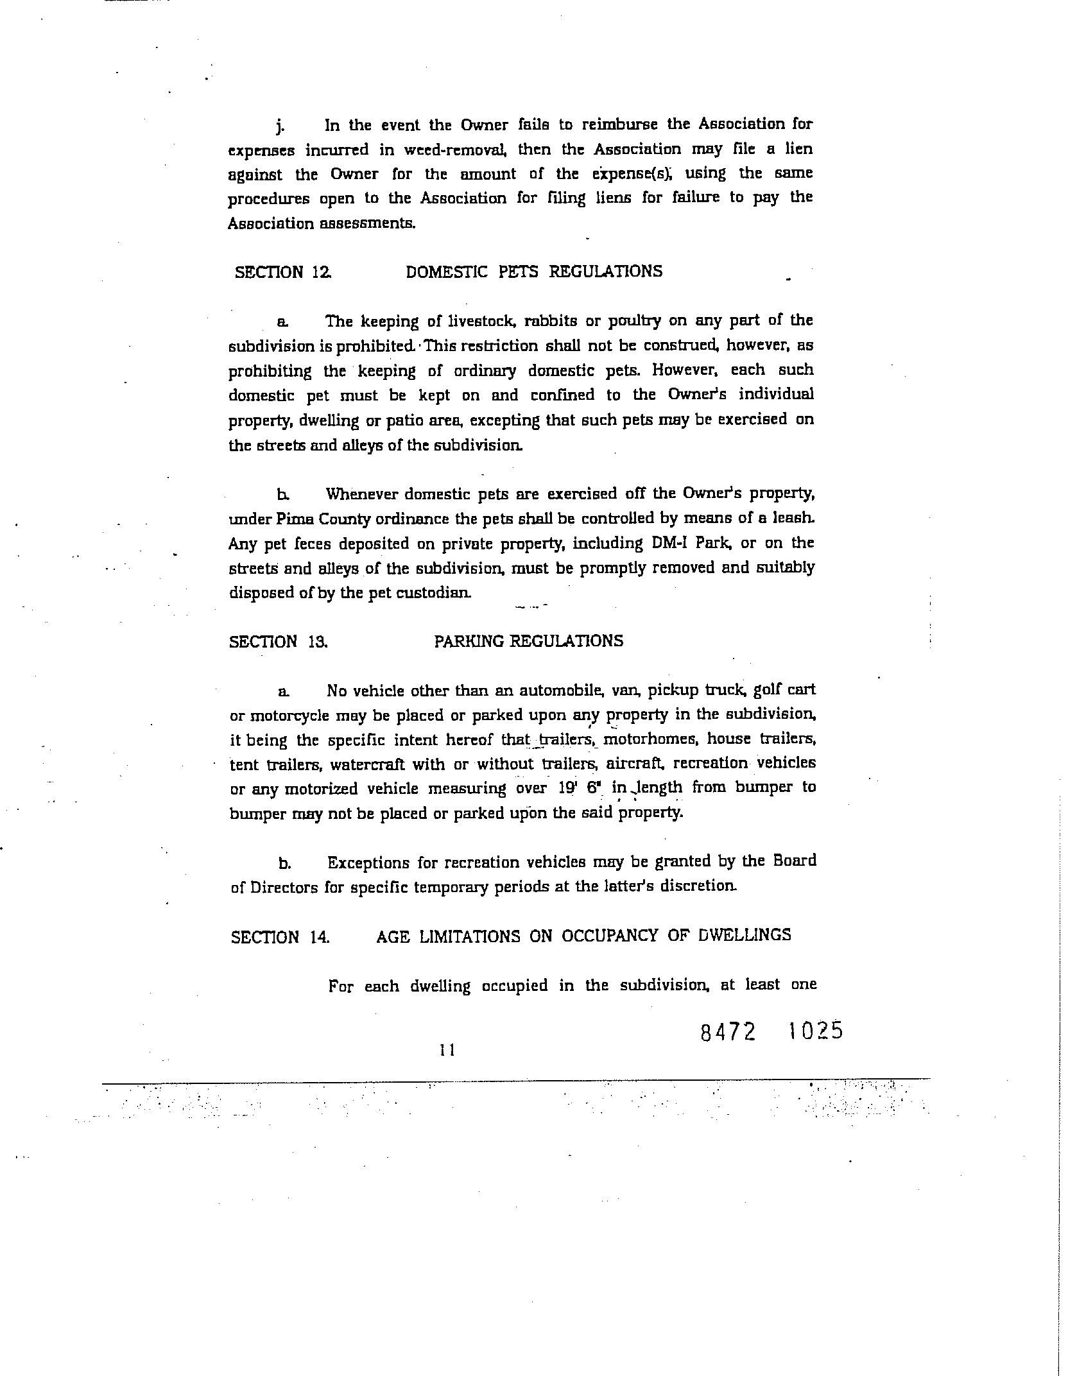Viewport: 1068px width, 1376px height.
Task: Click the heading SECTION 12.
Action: tap(283, 272)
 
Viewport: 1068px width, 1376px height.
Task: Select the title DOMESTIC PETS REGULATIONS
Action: tap(534, 271)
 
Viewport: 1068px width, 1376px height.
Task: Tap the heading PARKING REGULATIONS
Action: tap(528, 641)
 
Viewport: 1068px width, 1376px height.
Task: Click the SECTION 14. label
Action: tap(280, 937)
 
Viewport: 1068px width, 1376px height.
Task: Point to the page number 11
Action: tap(447, 1051)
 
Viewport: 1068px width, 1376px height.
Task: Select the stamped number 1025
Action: tap(815, 1031)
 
